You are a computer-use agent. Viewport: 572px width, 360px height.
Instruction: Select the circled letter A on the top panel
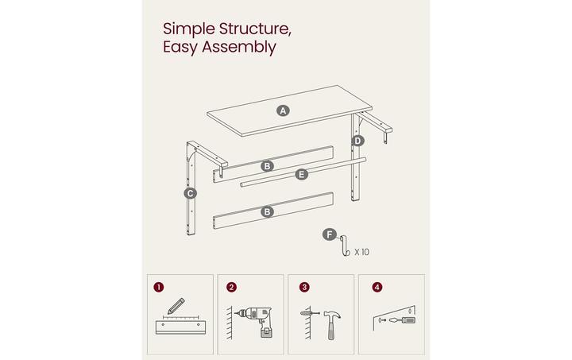click(x=283, y=110)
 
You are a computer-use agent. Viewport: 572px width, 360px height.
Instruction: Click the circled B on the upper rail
click(x=268, y=166)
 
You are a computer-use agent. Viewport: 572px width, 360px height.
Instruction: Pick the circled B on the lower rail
click(x=268, y=211)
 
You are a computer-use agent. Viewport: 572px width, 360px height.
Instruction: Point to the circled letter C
click(x=190, y=193)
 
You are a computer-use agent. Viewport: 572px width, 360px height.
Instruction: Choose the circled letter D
click(x=357, y=141)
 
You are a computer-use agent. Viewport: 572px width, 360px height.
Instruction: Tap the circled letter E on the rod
click(x=301, y=174)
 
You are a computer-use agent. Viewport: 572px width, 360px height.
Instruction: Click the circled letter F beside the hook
click(x=328, y=234)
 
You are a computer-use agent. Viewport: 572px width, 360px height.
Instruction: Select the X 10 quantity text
click(x=361, y=252)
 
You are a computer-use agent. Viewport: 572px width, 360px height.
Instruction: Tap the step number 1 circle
click(x=160, y=287)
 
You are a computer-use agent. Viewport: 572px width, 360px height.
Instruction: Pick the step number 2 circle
click(x=231, y=287)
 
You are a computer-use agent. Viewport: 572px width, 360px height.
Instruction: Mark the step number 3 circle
click(x=303, y=287)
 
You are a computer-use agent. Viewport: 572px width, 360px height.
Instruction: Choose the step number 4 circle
click(x=376, y=287)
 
